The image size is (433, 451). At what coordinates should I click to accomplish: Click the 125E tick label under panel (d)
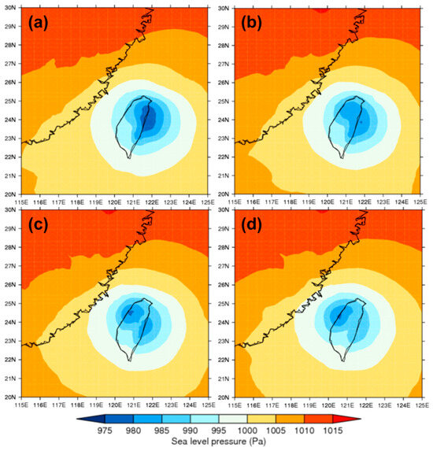click(x=421, y=405)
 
